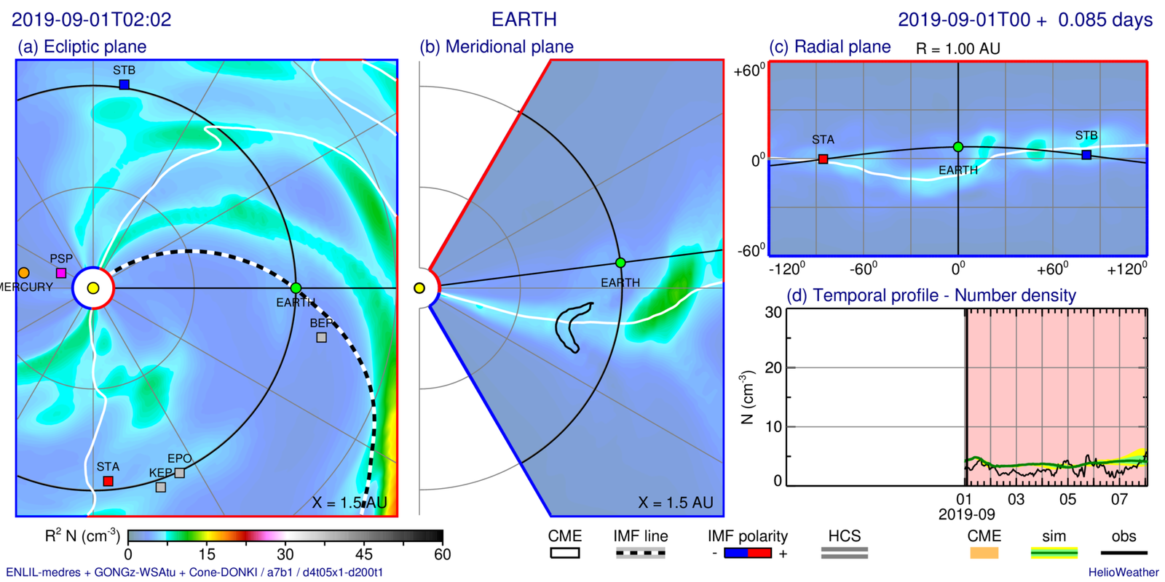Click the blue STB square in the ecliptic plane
pyautogui.click(x=125, y=84)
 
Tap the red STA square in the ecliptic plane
pyautogui.click(x=108, y=481)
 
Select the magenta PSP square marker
pyautogui.click(x=61, y=273)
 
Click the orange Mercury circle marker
pyautogui.click(x=24, y=273)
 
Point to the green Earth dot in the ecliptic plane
pyautogui.click(x=296, y=288)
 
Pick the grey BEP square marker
pyautogui.click(x=321, y=338)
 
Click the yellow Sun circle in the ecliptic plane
pyautogui.click(x=93, y=288)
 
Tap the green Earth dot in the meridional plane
pyautogui.click(x=620, y=263)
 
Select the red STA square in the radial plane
pyautogui.click(x=823, y=159)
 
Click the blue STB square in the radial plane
pyautogui.click(x=1086, y=155)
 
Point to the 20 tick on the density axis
pyautogui.click(x=773, y=368)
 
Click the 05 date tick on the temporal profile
pyautogui.click(x=1067, y=499)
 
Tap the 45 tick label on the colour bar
pyautogui.click(x=364, y=554)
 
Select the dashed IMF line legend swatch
pyautogui.click(x=640, y=554)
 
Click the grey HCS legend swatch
pyautogui.click(x=844, y=554)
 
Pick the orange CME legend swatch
pyautogui.click(x=984, y=554)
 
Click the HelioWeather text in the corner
pyautogui.click(x=1123, y=573)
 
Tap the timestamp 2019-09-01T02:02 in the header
pyautogui.click(x=92, y=20)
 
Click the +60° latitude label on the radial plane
pyautogui.click(x=749, y=71)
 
